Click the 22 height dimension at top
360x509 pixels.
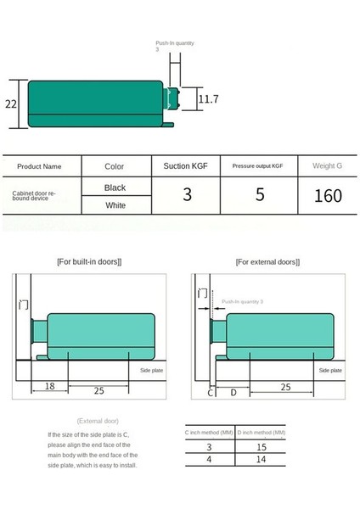click(x=11, y=104)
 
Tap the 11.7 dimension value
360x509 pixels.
click(x=209, y=99)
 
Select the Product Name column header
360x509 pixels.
click(x=40, y=166)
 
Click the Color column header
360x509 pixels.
click(x=115, y=166)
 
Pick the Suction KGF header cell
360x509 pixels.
click(x=187, y=166)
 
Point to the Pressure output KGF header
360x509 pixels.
click(x=258, y=166)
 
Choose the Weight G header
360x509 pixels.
click(x=327, y=166)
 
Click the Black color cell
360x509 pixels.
click(x=115, y=187)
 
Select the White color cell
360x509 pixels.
click(x=115, y=205)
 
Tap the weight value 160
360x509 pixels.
click(x=327, y=195)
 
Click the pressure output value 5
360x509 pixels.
click(x=260, y=195)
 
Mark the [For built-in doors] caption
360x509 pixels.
click(x=89, y=261)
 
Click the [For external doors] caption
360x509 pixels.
click(x=268, y=262)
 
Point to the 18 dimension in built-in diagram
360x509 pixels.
click(x=49, y=386)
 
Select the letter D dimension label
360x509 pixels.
click(x=233, y=393)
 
